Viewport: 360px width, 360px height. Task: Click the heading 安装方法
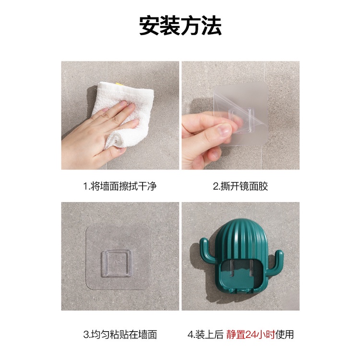pos(180,26)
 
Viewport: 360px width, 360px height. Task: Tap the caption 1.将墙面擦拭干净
pos(120,186)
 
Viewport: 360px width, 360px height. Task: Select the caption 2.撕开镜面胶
pos(240,186)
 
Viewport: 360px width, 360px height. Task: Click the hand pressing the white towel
pos(96,125)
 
